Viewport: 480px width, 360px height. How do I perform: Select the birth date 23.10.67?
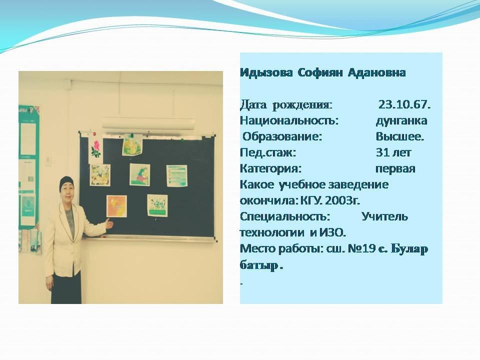point(404,104)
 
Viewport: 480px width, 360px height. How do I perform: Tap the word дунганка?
point(401,121)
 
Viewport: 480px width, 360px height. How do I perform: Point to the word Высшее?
point(400,136)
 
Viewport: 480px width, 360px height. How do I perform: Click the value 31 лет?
point(393,152)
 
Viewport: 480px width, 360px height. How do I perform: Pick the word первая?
point(395,169)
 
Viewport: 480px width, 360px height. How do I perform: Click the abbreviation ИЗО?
point(333,232)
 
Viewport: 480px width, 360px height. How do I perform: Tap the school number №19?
point(363,248)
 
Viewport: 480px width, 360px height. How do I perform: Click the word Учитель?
point(385,216)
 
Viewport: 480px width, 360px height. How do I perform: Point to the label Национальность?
point(289,120)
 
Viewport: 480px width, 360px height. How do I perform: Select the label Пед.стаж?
point(268,153)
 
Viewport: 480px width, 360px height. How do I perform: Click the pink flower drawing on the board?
point(96,148)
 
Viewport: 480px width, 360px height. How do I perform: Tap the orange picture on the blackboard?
point(116,206)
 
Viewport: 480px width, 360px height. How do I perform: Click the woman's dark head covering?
point(66,182)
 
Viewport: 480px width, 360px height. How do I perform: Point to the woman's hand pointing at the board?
point(109,223)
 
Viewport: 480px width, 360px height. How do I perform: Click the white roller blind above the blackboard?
point(148,123)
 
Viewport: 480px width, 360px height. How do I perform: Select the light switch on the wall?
point(48,160)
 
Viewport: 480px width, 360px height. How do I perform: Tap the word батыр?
point(259,265)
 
